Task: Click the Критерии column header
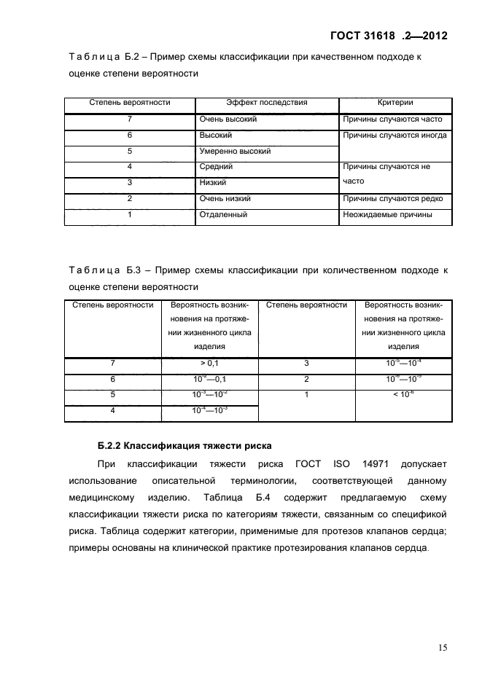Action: coord(395,103)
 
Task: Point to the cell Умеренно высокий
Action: coord(235,152)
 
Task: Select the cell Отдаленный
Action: coord(223,215)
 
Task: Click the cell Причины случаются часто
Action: coord(391,119)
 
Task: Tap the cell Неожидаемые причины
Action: coord(387,215)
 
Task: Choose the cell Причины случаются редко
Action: coord(392,198)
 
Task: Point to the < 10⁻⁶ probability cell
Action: coord(403,395)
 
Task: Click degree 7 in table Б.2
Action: coord(129,119)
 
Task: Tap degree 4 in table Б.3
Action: coord(112,411)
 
